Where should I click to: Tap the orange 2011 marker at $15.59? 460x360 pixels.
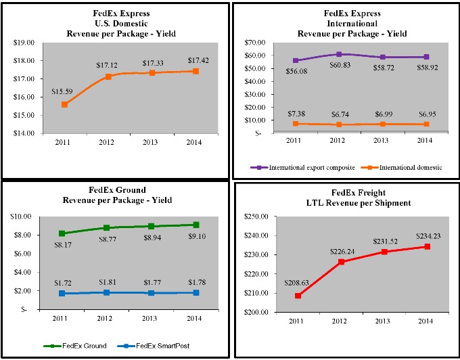click(x=64, y=104)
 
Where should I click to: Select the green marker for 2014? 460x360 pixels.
click(x=195, y=225)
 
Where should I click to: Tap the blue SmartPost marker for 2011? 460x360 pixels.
click(x=63, y=293)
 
